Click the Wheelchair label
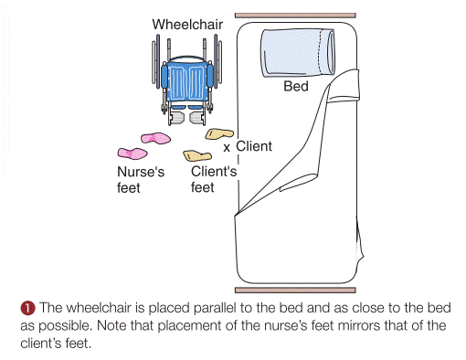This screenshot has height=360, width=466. (187, 25)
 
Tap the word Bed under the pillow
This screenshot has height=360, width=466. (296, 86)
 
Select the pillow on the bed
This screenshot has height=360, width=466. (298, 52)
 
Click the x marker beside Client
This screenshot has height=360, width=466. (227, 148)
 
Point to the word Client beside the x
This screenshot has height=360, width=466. (254, 146)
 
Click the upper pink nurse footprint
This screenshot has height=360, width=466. (155, 138)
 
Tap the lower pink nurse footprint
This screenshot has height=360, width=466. (132, 154)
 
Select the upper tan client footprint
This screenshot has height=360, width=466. (219, 133)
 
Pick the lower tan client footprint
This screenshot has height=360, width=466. (197, 155)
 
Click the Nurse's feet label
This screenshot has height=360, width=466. (141, 180)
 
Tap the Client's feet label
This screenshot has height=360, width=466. (214, 179)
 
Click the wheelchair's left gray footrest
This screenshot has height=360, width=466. (176, 118)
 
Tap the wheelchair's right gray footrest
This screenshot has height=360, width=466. (197, 118)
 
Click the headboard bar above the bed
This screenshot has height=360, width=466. (295, 16)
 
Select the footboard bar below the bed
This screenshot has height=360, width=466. (295, 291)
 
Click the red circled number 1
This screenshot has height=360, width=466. (27, 308)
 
